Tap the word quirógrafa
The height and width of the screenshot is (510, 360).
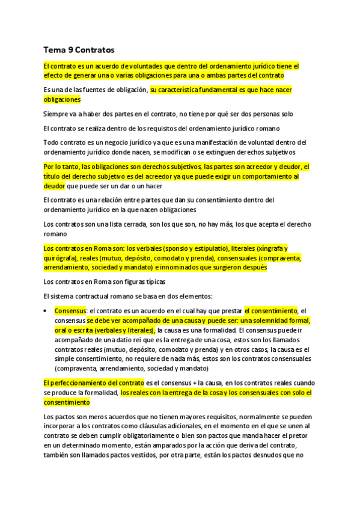coord(62,258)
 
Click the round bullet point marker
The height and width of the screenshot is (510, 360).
coord(46,310)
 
